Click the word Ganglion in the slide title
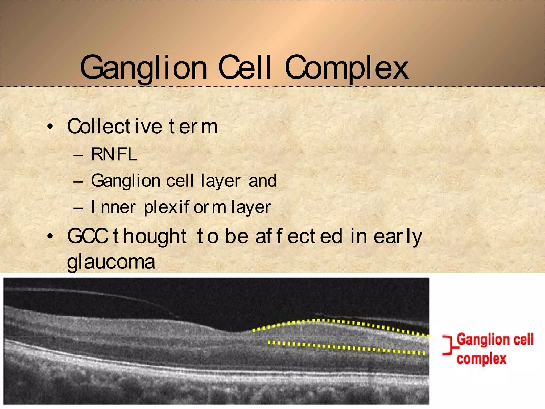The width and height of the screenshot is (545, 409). tap(143, 68)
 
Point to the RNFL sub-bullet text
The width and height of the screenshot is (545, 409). tap(114, 154)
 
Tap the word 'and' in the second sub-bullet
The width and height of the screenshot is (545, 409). tap(262, 181)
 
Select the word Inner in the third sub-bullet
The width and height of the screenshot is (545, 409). tap(113, 207)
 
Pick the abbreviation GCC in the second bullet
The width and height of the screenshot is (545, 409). tap(87, 236)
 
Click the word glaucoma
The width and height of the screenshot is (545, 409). tap(111, 262)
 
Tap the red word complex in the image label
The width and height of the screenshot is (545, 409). tap(481, 359)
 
